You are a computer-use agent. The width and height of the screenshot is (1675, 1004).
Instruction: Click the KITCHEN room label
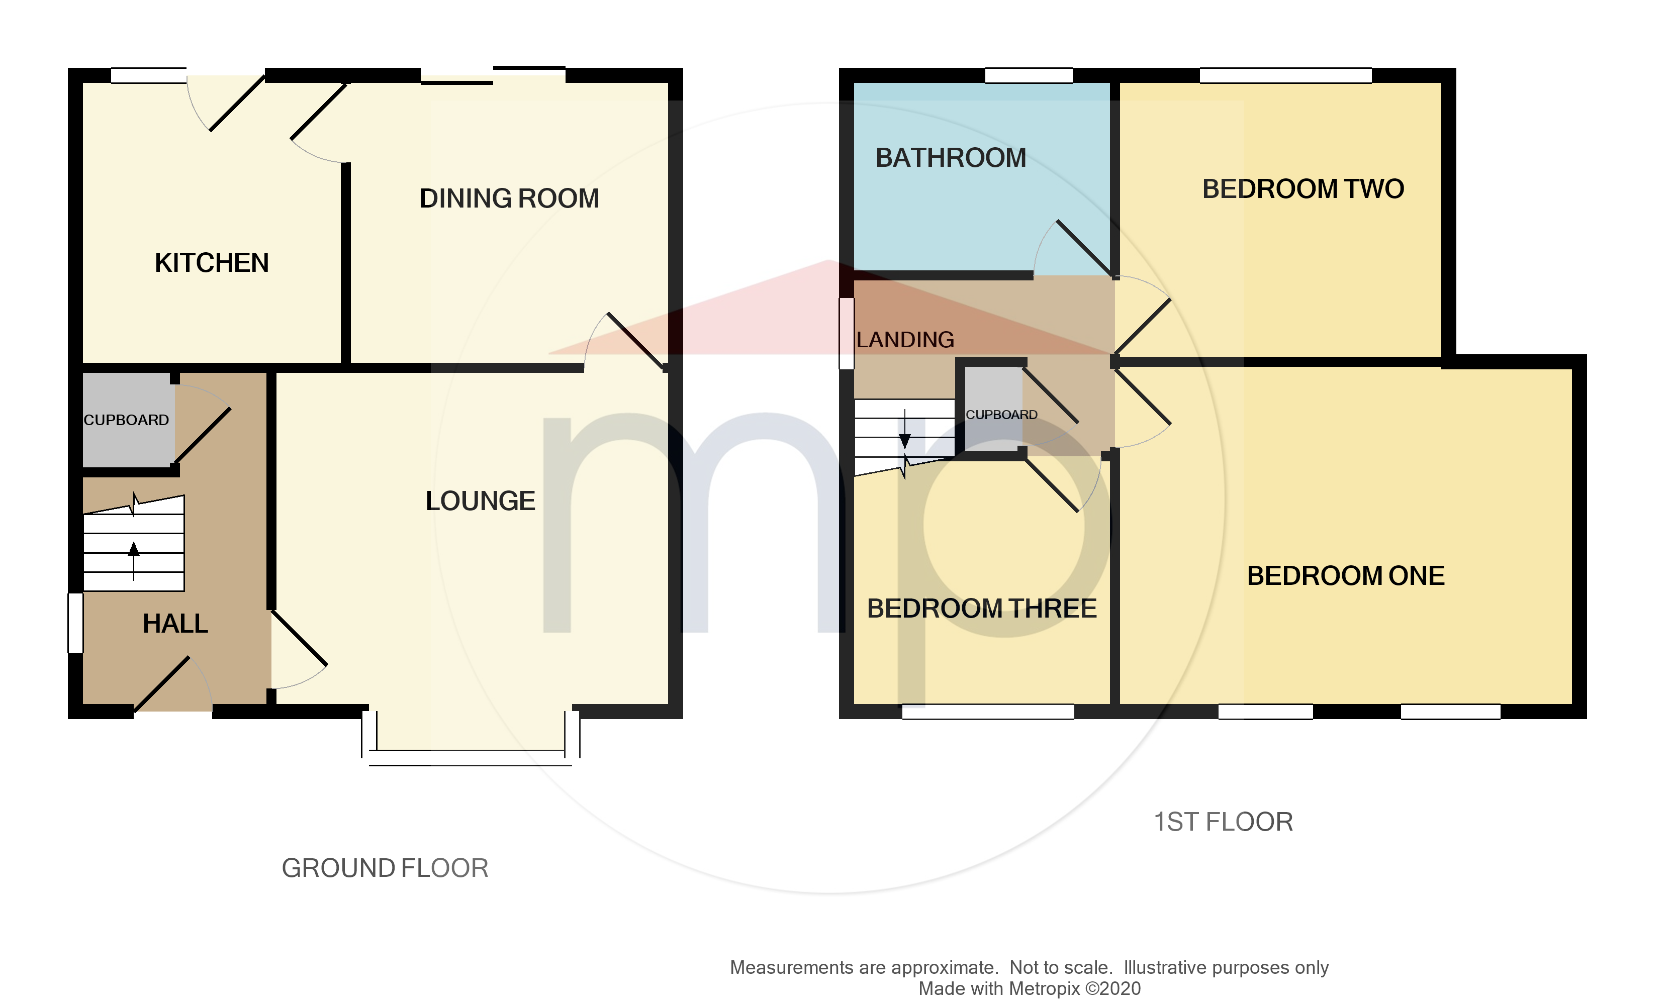(x=211, y=262)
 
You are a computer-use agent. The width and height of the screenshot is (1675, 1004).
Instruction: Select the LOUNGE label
(x=480, y=500)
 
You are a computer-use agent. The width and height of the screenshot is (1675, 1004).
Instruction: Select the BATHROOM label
(x=950, y=158)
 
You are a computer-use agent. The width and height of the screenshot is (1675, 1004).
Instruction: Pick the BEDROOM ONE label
(x=1345, y=576)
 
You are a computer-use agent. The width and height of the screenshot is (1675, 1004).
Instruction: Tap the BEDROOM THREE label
(x=981, y=608)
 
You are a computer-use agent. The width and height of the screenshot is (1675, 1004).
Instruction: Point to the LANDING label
(x=905, y=340)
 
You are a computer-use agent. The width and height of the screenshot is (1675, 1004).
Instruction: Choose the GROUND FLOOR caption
(x=385, y=868)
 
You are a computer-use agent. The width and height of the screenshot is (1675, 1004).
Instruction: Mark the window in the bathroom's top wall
(x=1028, y=75)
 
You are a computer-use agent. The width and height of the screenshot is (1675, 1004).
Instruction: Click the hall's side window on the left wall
(x=75, y=623)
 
